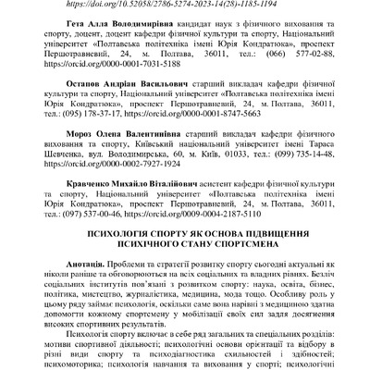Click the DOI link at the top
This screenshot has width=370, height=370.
(185, 5)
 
